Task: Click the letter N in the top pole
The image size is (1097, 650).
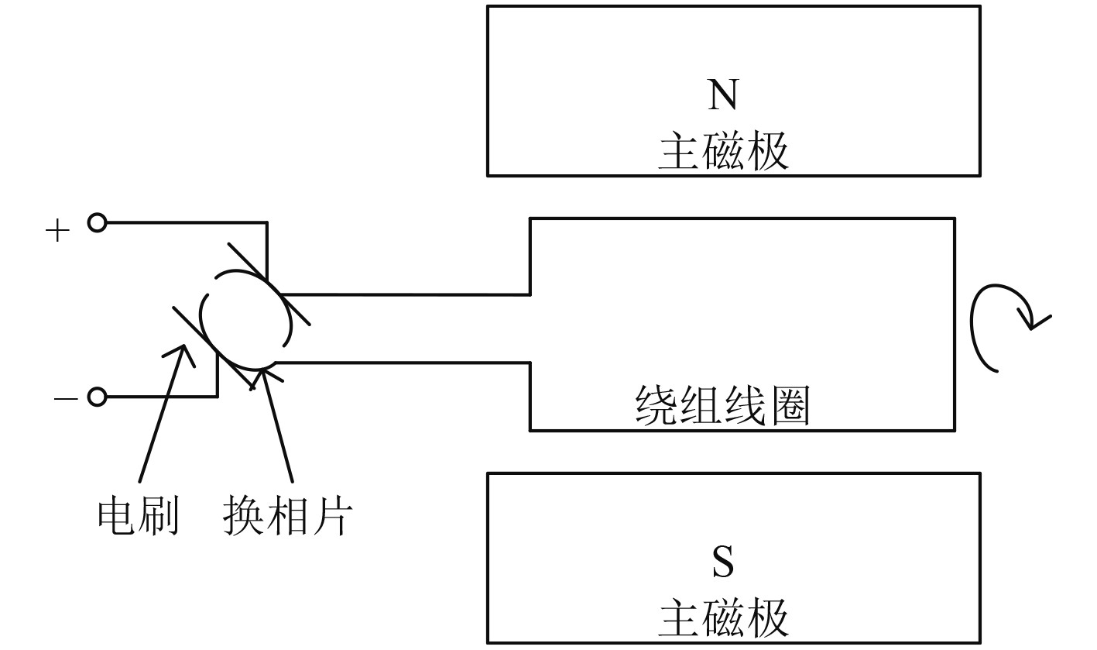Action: (x=722, y=95)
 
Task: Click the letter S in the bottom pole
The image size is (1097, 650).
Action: (x=722, y=562)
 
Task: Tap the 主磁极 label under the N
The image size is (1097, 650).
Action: (x=723, y=152)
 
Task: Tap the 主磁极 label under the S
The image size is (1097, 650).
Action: (x=723, y=618)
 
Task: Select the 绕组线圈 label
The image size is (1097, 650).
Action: (x=722, y=406)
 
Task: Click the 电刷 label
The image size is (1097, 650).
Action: (x=139, y=516)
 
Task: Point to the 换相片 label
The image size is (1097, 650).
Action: (x=287, y=516)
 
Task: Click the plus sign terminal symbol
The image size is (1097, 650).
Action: (x=57, y=230)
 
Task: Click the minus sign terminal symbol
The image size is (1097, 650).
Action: (x=66, y=398)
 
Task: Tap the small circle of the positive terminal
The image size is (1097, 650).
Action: (x=96, y=223)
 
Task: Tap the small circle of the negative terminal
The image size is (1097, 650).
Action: (x=96, y=397)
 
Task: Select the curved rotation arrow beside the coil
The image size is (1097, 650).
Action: (x=999, y=325)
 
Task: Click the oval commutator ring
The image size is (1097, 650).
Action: (x=246, y=319)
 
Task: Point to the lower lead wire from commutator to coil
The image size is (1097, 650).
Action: (x=403, y=362)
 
